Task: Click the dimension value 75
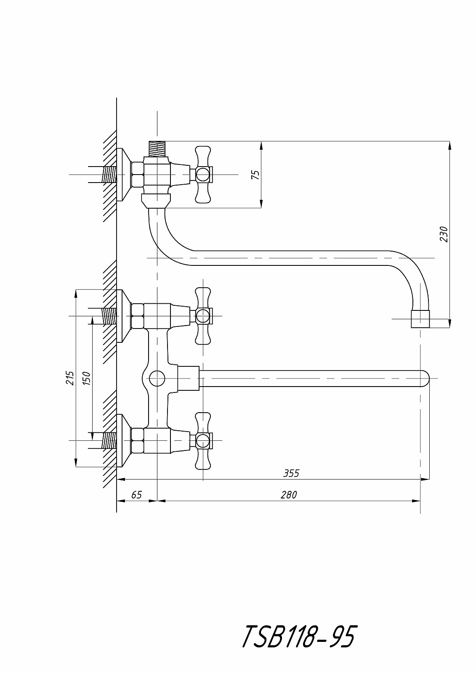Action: pyautogui.click(x=255, y=175)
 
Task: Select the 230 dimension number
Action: pyautogui.click(x=444, y=234)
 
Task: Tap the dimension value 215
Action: pyautogui.click(x=70, y=378)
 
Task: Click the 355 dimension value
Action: pyautogui.click(x=291, y=473)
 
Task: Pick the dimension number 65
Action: pyautogui.click(x=136, y=495)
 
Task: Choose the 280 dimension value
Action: pyautogui.click(x=289, y=495)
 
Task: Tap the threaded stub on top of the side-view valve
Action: pyautogui.click(x=157, y=148)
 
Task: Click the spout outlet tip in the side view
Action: pyautogui.click(x=420, y=319)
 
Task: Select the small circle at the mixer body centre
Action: pyautogui.click(x=157, y=378)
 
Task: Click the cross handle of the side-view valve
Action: pyautogui.click(x=203, y=174)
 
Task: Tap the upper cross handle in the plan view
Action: pyautogui.click(x=203, y=316)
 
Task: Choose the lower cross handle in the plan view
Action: pyautogui.click(x=203, y=441)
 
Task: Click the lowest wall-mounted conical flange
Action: pyautogui.click(x=124, y=441)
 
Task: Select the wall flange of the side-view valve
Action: pyautogui.click(x=124, y=175)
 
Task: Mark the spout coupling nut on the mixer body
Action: pyautogui.click(x=189, y=378)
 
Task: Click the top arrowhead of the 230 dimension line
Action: pyautogui.click(x=449, y=146)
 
